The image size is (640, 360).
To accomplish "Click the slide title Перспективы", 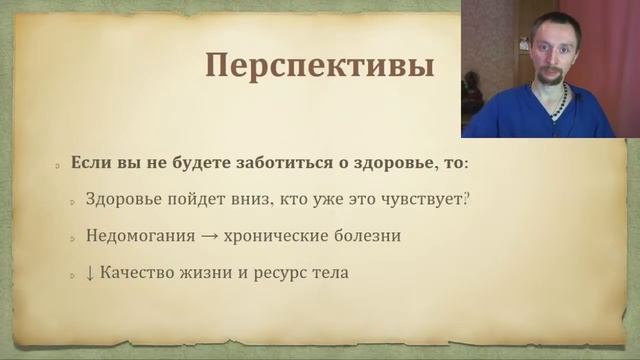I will point(320,67).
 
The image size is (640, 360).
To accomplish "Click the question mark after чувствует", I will point(468,199).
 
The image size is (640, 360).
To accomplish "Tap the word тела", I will point(329,272).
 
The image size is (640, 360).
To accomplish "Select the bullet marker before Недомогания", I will point(75,239).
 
